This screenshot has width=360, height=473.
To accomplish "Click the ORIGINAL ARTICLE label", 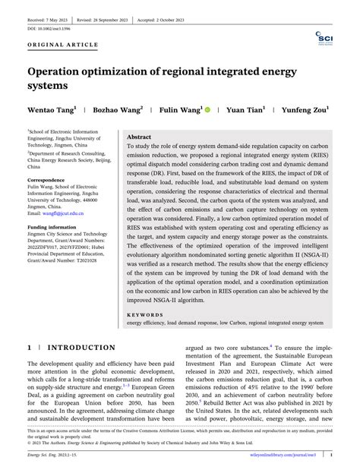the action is [64, 45].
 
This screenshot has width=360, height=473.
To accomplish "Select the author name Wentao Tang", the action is [51, 110].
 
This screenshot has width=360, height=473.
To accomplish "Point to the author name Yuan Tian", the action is [246, 110].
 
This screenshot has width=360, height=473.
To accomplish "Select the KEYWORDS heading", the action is [146, 314].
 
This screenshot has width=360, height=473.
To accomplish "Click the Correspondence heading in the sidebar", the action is [51, 181].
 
